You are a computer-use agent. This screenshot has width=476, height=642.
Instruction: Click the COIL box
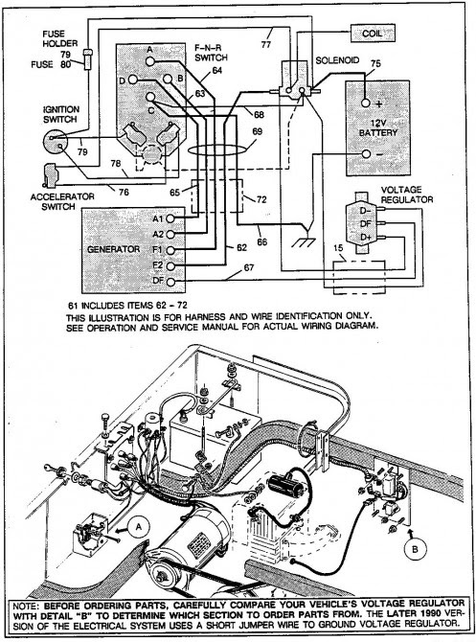373,34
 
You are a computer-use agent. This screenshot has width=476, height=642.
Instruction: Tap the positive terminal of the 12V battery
366,103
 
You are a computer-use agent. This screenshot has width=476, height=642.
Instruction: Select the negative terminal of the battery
366,154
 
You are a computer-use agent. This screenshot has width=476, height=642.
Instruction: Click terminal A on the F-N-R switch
150,61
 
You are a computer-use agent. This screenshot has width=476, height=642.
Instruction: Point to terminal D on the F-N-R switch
133,80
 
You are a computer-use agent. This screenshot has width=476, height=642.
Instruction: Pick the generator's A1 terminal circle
170,218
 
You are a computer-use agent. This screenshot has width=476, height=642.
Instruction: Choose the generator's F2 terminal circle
170,265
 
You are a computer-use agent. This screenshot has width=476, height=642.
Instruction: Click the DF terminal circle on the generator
170,282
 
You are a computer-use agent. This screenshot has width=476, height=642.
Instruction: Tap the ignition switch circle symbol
56,142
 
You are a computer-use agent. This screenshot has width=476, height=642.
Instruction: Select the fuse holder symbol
87,59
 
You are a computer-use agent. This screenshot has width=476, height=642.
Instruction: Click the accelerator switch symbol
51,175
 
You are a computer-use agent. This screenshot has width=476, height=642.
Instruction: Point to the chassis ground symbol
304,238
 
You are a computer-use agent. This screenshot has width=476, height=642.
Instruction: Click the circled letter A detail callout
138,527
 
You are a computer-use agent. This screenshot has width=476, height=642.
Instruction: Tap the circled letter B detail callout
415,549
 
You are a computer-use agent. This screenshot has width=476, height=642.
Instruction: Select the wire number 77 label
266,44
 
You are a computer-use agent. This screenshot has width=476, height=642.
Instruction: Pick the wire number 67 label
248,267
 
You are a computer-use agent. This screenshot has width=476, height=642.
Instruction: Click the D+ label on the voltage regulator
366,238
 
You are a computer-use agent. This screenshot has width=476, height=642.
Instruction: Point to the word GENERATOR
113,249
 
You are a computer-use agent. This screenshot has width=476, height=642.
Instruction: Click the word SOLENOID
337,60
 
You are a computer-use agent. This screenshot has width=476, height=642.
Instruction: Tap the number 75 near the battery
375,64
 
